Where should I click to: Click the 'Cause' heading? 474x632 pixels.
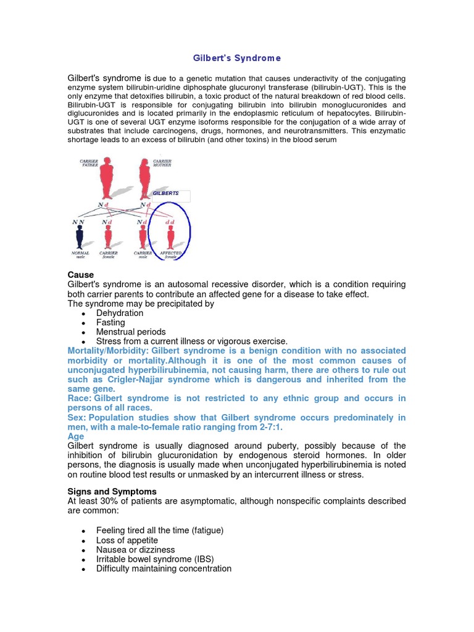(80, 275)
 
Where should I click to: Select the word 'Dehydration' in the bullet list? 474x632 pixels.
(120, 314)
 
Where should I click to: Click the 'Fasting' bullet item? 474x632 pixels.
(110, 323)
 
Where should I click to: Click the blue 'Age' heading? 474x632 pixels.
(75, 436)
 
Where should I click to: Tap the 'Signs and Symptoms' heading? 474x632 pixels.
(112, 491)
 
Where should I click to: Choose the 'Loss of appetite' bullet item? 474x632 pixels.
(127, 540)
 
